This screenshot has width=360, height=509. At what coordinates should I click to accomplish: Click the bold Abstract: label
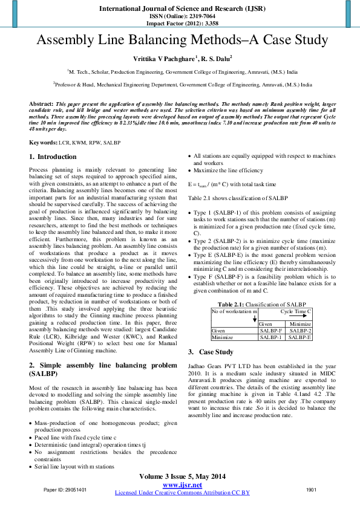[41, 105]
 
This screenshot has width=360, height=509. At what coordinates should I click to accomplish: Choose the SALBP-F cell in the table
[272, 331]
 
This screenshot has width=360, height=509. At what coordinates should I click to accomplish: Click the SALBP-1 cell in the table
[272, 337]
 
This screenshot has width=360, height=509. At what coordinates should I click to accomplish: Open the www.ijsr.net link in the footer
[182, 485]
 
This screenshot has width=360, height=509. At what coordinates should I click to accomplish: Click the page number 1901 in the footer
[312, 489]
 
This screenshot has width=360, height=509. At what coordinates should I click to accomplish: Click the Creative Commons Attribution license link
[182, 493]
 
